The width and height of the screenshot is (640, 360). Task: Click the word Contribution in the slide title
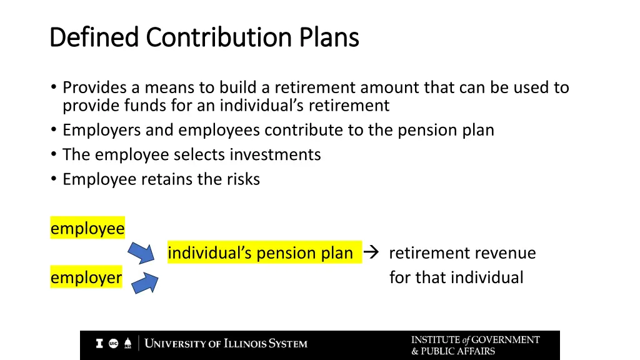coord(219,37)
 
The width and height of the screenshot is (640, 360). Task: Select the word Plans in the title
coord(329,37)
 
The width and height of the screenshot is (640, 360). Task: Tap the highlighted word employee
coord(87,229)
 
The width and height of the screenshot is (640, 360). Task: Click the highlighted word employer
coord(86,277)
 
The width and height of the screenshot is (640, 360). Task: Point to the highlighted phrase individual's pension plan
coord(261,253)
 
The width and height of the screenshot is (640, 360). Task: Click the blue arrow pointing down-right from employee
coord(141,252)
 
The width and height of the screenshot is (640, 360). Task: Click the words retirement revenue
coord(462,253)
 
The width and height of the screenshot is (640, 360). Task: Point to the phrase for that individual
coord(456,277)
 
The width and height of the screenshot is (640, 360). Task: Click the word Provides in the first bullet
coord(94,88)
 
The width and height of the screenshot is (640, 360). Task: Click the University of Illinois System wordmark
coord(226,344)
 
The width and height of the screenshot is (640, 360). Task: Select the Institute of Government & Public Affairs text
coord(475,345)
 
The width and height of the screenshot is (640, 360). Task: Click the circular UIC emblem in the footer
coord(113,343)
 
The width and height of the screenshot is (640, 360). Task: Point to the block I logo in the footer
coord(99,343)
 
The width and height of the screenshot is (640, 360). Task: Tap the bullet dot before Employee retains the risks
coord(54,179)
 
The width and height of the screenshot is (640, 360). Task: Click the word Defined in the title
coord(94,37)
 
